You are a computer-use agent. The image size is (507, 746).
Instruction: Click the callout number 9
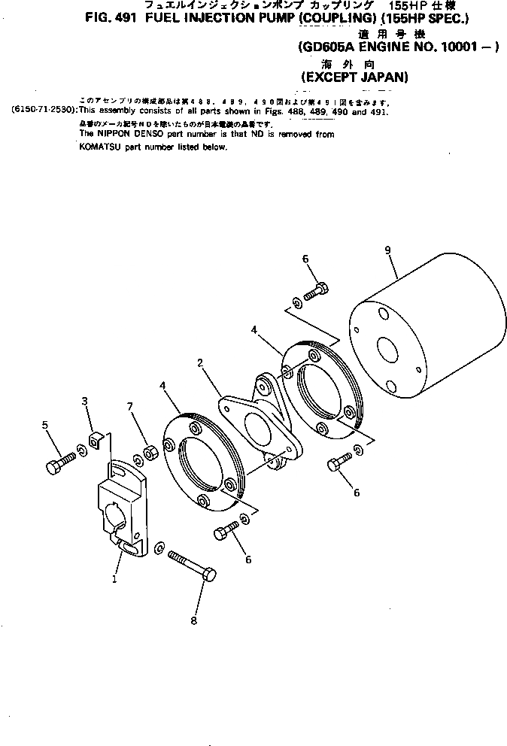(x=389, y=251)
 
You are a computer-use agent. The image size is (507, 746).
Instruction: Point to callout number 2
(x=200, y=363)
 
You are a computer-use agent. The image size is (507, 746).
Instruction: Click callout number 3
(x=85, y=402)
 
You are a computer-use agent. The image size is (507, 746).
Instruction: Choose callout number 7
(x=130, y=407)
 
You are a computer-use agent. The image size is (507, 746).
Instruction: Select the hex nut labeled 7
(x=149, y=453)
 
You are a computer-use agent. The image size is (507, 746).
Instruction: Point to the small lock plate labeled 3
(x=96, y=439)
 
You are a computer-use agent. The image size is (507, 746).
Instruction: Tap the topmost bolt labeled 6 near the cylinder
(x=317, y=289)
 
